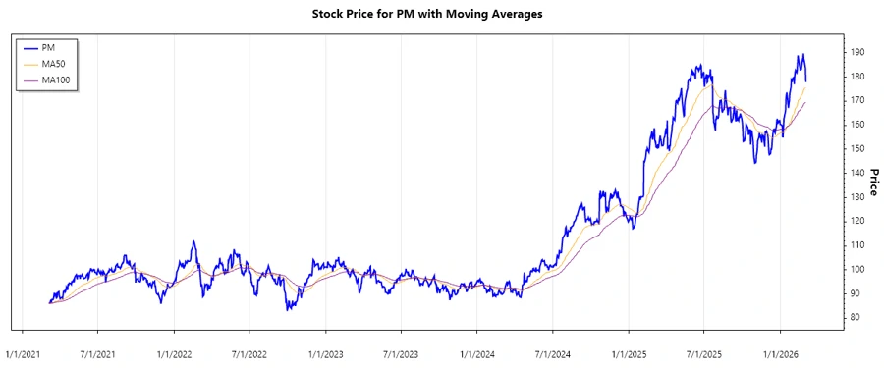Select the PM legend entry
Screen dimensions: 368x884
[48, 47]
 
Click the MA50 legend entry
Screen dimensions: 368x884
[53, 64]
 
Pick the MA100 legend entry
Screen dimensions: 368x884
[56, 79]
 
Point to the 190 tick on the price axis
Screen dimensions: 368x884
[857, 52]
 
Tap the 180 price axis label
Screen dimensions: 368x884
[857, 77]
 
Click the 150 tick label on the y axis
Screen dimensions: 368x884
[857, 148]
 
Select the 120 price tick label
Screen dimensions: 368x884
[857, 221]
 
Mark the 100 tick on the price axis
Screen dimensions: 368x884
[857, 269]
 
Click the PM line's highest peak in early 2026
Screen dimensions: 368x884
[802, 55]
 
